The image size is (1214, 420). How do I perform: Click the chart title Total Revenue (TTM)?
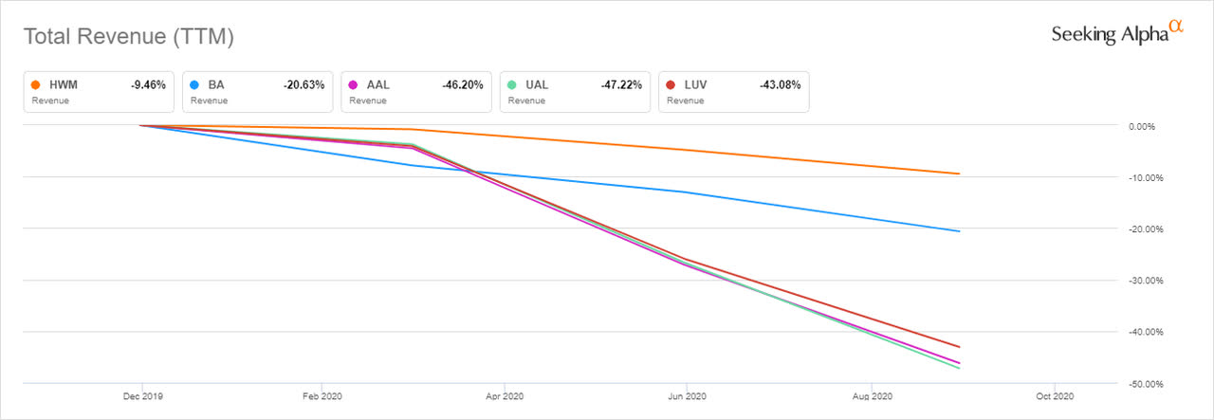(129, 37)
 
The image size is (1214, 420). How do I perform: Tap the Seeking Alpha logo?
(1117, 33)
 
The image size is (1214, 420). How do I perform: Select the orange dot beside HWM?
(36, 84)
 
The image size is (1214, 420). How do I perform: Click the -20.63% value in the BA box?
(303, 85)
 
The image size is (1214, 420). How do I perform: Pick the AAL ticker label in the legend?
(377, 85)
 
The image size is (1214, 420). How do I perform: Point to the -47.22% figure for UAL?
(621, 85)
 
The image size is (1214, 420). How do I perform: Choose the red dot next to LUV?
(671, 84)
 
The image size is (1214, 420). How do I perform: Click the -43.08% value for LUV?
(780, 85)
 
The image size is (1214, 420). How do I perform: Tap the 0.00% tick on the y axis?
(1142, 127)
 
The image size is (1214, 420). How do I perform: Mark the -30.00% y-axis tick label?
(1146, 281)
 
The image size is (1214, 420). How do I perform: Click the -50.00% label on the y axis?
(1146, 384)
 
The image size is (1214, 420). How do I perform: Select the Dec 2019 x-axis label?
(142, 396)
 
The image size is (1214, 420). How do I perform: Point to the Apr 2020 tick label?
(505, 396)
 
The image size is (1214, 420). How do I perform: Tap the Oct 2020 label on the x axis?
(1055, 396)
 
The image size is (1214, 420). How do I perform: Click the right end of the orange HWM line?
(959, 173)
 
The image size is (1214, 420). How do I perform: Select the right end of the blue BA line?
(959, 231)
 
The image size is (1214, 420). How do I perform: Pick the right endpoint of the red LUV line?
(959, 347)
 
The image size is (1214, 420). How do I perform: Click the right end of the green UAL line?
(959, 369)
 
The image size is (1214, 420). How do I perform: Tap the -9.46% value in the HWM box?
(148, 85)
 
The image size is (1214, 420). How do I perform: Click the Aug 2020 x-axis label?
(872, 396)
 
